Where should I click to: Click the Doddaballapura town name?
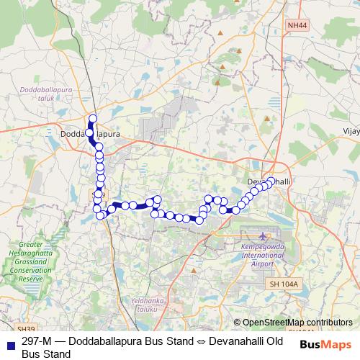[x=90, y=134]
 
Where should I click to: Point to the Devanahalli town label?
[x=268, y=181]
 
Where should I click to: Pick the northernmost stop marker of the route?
[x=92, y=119]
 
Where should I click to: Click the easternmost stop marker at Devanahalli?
[x=271, y=181]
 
